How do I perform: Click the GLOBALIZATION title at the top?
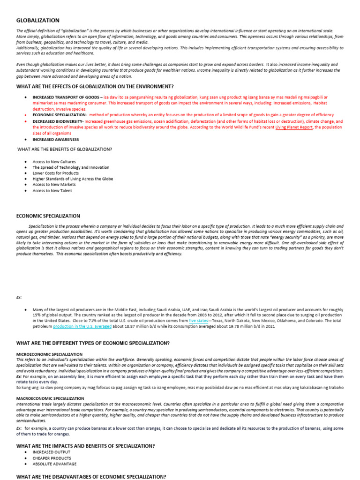click(38, 20)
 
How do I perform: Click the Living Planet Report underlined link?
click(294, 127)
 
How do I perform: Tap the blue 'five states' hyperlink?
click(198, 321)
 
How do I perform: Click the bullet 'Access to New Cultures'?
click(54, 162)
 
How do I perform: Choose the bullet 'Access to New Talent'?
click(52, 191)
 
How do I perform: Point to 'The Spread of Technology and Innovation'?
click(71, 167)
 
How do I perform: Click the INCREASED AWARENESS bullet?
click(55, 139)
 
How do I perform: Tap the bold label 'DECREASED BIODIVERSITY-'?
click(58, 121)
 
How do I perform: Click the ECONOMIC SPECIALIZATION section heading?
click(48, 216)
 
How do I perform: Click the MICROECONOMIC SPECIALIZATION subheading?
click(49, 354)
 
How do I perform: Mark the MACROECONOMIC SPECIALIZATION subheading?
click(50, 398)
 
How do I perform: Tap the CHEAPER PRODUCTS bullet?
click(52, 458)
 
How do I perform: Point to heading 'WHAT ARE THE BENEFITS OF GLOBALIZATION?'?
click(65, 150)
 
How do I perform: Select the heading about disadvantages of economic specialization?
click(91, 476)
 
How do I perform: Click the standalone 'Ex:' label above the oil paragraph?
click(19, 297)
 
